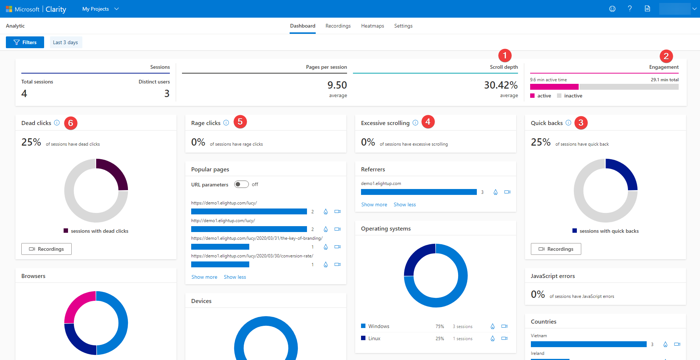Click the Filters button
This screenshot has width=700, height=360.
[25, 42]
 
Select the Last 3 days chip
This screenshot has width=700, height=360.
[65, 42]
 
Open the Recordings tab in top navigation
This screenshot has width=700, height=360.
[338, 26]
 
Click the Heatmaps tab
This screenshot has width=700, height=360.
[372, 26]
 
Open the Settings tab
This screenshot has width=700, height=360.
[403, 26]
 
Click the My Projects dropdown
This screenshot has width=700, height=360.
[100, 9]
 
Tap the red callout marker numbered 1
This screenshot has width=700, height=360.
[505, 56]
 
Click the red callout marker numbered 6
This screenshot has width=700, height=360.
[71, 123]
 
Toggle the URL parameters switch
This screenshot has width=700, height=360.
[242, 184]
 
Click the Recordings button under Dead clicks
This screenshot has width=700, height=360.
[46, 249]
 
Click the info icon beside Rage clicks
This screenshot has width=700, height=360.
[226, 123]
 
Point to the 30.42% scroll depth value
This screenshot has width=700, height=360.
[500, 85]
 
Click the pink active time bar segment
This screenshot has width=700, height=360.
[554, 87]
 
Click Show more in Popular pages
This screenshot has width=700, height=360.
[204, 277]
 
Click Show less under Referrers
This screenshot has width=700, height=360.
[404, 204]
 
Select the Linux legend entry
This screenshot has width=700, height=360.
[374, 338]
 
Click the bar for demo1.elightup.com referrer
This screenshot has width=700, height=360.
[418, 192]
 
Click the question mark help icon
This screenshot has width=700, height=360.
[630, 9]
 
